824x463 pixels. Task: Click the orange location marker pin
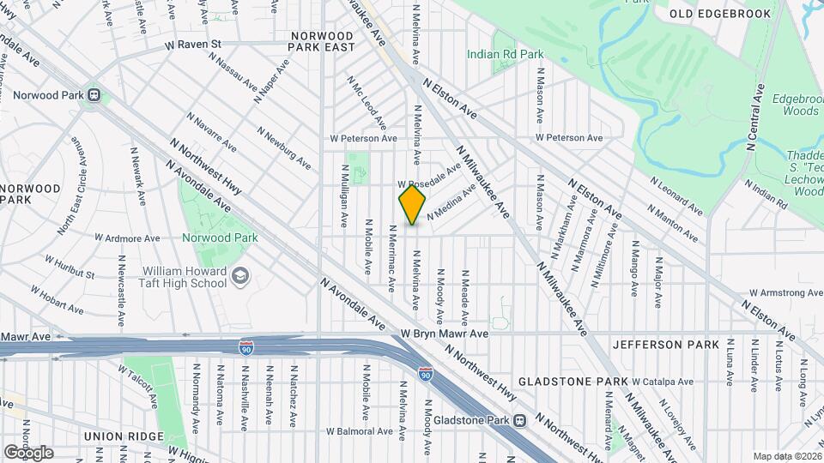[412, 204]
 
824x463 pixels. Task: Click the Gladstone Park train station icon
[519, 420]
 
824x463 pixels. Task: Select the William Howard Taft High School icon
[241, 275]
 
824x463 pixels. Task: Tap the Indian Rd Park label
[505, 54]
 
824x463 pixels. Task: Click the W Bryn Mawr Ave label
[444, 333]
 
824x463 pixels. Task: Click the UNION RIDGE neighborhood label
[124, 436]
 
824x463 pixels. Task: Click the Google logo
[28, 452]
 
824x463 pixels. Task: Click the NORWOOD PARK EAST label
[322, 41]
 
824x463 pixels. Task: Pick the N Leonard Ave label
[678, 195]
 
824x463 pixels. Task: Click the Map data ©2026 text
[786, 456]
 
